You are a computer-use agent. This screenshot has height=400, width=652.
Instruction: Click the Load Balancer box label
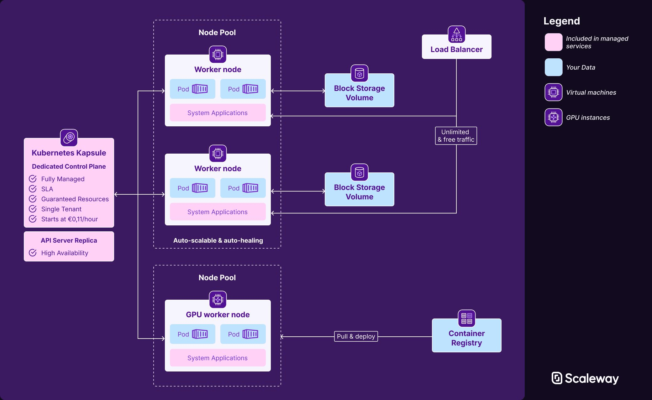456,50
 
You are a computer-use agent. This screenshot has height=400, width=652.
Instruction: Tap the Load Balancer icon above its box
456,34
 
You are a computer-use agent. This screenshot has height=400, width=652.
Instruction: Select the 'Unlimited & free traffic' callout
456,136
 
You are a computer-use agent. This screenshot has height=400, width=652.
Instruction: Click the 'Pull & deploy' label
356,336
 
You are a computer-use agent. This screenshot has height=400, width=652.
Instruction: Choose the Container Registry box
466,338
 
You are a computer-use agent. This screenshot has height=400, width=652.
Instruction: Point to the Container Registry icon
466,318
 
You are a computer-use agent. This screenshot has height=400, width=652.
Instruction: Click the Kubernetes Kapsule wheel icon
69,137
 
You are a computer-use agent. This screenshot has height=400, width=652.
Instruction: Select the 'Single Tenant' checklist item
61,209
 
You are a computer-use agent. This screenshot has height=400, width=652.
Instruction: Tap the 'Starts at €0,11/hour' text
69,219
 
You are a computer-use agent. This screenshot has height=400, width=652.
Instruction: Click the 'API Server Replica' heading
69,240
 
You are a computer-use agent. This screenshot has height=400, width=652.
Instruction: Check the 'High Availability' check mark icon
33,253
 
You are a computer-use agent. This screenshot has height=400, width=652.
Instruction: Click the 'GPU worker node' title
218,314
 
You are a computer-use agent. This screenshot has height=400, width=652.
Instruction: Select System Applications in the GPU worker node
218,358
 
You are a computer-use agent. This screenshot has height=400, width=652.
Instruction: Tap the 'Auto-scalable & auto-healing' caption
218,240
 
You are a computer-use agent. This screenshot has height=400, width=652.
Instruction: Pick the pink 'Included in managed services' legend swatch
553,42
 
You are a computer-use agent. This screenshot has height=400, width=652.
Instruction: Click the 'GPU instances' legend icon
553,117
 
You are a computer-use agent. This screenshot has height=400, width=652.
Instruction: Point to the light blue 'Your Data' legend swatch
553,67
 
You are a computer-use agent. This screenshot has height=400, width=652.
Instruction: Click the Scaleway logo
585,378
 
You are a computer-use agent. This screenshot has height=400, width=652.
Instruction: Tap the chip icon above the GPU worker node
218,299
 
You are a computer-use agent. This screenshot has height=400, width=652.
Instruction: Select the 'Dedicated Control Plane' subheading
69,166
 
